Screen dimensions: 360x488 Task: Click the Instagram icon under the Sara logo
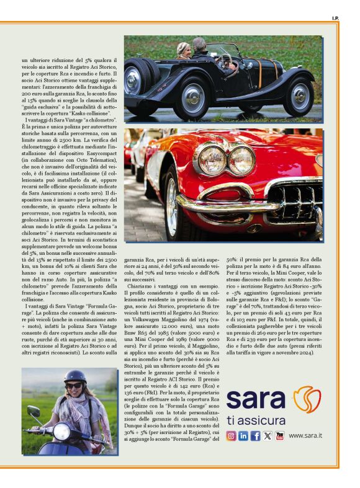tap(231, 435)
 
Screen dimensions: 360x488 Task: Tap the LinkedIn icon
tap(243, 435)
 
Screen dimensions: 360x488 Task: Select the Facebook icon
tap(255, 435)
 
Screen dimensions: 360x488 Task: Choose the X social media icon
tap(268, 435)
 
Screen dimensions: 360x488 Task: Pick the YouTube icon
tap(280, 435)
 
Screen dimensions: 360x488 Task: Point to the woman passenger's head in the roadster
tap(183, 49)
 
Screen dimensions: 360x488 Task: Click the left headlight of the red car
tap(212, 160)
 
